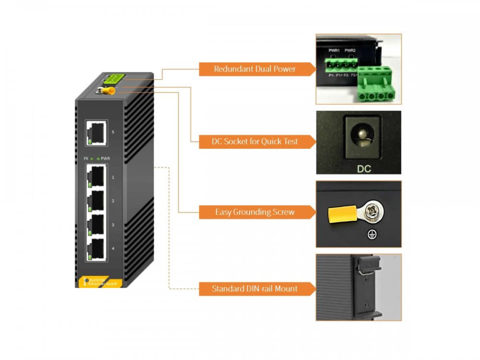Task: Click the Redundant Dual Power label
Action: point(255,69)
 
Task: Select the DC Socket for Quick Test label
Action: point(255,141)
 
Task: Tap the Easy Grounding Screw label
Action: point(255,211)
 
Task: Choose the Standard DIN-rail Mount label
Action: point(255,288)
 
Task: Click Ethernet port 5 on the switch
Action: point(96,132)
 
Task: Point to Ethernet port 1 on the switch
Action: point(96,177)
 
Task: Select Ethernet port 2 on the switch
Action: point(96,201)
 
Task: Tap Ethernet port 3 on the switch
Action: point(96,225)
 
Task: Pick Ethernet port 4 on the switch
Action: point(96,249)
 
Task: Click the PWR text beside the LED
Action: point(106,158)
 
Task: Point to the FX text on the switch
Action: point(86,158)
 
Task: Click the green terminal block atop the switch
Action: point(114,79)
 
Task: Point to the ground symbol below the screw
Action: point(370,235)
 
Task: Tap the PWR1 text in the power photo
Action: point(334,51)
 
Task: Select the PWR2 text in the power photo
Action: point(350,51)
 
